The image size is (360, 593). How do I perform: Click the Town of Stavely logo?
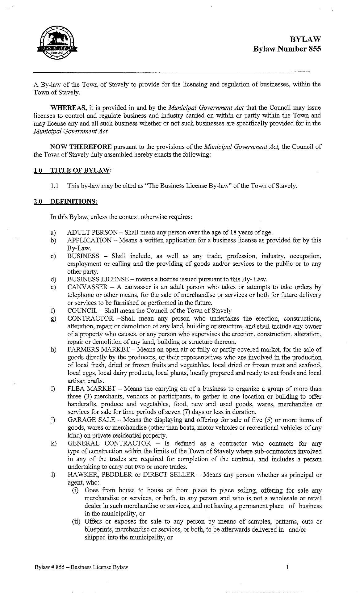(57, 43)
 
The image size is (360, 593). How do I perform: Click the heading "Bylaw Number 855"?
(287, 49)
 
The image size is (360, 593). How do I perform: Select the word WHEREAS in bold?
(68, 108)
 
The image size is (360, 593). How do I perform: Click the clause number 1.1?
(54, 186)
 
